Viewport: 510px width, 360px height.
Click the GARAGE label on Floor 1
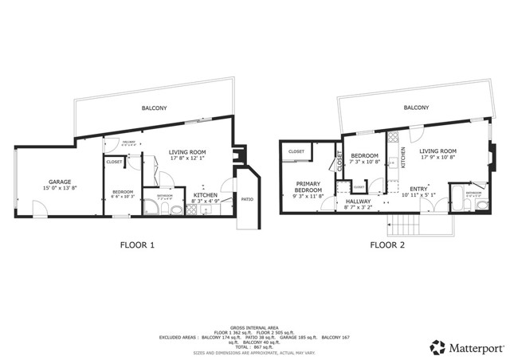pyautogui.click(x=61, y=180)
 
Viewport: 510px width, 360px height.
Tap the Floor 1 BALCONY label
pyautogui.click(x=154, y=108)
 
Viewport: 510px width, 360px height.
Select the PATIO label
pyautogui.click(x=247, y=198)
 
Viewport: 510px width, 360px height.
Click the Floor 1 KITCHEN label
pyautogui.click(x=206, y=194)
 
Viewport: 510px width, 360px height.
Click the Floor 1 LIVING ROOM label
pyautogui.click(x=188, y=151)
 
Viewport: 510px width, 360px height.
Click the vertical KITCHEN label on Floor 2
pyautogui.click(x=403, y=156)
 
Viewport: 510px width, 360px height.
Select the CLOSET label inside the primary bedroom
pyautogui.click(x=296, y=151)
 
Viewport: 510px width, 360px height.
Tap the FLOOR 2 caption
pyautogui.click(x=387, y=245)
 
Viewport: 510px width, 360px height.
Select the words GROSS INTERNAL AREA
pyautogui.click(x=254, y=327)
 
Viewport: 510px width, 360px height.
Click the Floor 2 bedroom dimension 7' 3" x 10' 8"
pyautogui.click(x=363, y=162)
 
